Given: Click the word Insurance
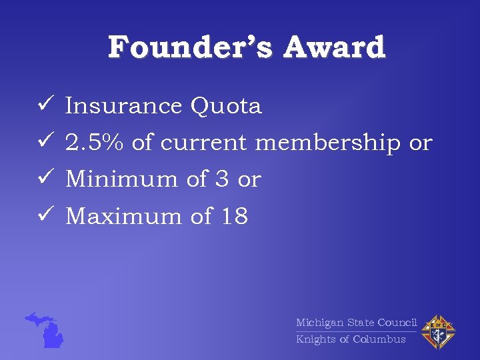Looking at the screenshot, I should (124, 106).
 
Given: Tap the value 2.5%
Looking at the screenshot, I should (96, 143).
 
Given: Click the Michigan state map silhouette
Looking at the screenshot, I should (46, 330).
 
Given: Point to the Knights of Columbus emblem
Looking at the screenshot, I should (437, 331).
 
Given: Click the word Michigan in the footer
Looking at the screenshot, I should (319, 323).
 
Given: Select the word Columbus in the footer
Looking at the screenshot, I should (379, 339).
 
